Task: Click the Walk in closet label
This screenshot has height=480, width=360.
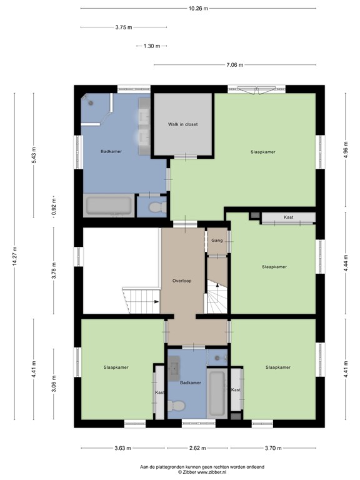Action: [x=182, y=124]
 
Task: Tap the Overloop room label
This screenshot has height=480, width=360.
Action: [x=182, y=281]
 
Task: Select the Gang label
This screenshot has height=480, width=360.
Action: [x=217, y=241]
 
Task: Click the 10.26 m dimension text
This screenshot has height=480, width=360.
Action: [x=198, y=9]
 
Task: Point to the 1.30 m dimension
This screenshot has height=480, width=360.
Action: [x=152, y=46]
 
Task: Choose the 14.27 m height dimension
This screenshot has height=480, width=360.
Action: [x=15, y=256]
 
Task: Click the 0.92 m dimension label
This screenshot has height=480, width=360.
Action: [x=54, y=207]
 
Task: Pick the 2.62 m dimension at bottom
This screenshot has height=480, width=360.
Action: [x=197, y=448]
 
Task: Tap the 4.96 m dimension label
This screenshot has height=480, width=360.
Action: [x=346, y=150]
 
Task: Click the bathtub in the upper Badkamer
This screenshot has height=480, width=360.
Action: [x=109, y=206]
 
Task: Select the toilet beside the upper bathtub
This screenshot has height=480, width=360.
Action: [x=157, y=207]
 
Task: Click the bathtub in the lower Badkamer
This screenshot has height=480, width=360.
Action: [x=217, y=393]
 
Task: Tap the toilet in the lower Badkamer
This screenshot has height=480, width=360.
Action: [x=176, y=406]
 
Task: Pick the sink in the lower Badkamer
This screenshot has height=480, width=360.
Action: [x=175, y=368]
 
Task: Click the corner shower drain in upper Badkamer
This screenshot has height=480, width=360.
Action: [x=91, y=103]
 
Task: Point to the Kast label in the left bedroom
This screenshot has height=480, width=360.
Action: [x=159, y=392]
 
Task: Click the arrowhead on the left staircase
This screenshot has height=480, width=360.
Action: [x=156, y=301]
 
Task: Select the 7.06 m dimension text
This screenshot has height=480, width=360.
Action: [x=235, y=65]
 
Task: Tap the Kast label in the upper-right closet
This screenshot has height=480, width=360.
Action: [x=289, y=217]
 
